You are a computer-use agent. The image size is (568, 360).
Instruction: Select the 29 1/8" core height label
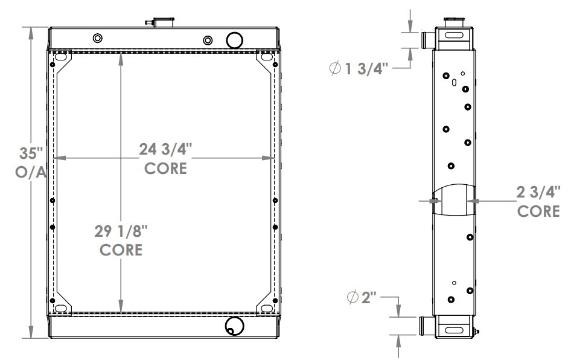121,231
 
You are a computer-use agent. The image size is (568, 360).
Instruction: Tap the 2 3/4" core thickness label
538,193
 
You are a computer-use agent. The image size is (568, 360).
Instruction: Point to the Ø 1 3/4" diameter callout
362,68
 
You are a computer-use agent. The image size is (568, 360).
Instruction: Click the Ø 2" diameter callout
363,297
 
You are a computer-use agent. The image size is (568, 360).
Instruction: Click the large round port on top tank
234,39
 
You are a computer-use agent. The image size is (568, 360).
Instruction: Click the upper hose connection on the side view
426,40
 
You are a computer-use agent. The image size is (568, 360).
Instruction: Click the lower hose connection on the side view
426,326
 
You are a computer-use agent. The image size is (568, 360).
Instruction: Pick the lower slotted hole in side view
453,330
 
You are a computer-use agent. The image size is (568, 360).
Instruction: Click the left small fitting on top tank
98,39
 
